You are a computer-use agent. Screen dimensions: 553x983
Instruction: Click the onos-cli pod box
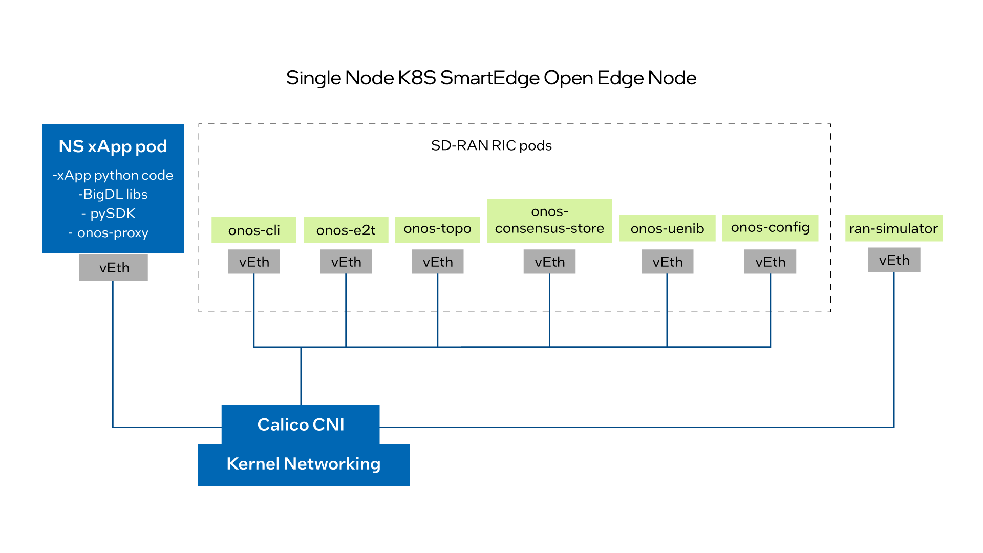pos(254,230)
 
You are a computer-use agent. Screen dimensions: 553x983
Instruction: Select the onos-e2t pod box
pos(346,230)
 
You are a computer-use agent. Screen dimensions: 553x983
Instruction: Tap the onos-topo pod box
pos(437,229)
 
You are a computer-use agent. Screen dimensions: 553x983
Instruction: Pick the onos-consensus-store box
pos(549,221)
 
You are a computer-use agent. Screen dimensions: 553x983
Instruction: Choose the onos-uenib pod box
pos(667,228)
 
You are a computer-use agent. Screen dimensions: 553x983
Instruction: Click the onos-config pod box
pos(770,227)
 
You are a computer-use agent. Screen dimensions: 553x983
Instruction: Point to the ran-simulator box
pos(893,228)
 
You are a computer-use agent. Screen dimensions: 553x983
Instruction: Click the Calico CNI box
pos(301,424)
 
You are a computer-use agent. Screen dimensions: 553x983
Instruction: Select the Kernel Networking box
pos(304,464)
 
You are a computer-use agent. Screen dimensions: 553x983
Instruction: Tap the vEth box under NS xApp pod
pos(114,267)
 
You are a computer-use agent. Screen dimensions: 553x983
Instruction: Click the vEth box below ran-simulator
pos(894,260)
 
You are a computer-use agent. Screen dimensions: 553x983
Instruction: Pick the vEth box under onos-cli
pos(254,262)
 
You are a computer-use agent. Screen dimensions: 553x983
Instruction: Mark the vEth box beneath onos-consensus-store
pos(549,262)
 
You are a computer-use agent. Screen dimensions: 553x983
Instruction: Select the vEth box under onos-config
pos(770,262)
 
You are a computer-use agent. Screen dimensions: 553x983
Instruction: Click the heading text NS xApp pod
pos(113,146)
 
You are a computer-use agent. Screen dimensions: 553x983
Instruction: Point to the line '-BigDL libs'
pos(113,194)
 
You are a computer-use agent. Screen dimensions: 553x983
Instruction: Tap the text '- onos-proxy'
pos(109,233)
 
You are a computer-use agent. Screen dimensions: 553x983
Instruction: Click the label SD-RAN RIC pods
pos(491,145)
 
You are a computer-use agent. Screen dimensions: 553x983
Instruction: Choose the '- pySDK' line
pos(109,214)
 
